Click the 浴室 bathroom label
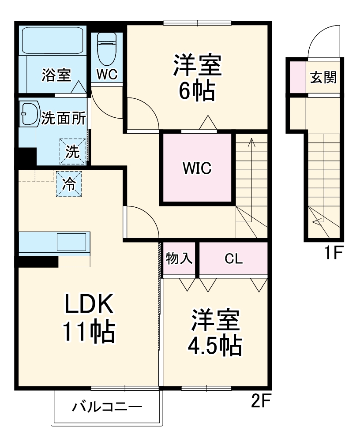click(56, 75)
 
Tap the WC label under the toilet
click(107, 75)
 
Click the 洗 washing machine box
click(72, 151)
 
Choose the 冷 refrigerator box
click(68, 183)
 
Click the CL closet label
click(233, 259)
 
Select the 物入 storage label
click(179, 259)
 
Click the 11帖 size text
click(89, 332)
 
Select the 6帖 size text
click(196, 91)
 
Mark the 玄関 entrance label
click(323, 78)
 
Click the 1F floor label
click(334, 254)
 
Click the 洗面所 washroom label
click(64, 118)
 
